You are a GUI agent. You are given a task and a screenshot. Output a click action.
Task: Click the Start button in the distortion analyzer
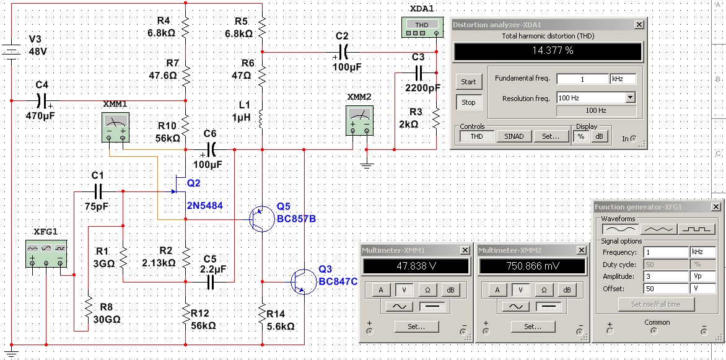[x=468, y=82]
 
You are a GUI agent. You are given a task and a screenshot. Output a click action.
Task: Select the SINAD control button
[x=514, y=136]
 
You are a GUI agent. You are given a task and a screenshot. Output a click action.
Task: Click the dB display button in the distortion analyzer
[x=599, y=136]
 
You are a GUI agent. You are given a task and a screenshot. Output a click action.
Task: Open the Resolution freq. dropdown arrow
[x=630, y=98]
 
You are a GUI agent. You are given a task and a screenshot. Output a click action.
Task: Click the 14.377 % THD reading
[x=548, y=51]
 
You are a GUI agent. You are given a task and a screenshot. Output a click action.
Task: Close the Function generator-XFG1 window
[x=716, y=206]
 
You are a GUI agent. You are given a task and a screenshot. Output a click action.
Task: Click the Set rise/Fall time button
[x=656, y=304]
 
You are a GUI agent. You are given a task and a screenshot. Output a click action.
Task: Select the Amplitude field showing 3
[x=666, y=276]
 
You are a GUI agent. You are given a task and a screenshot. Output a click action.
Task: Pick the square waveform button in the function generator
[x=696, y=229]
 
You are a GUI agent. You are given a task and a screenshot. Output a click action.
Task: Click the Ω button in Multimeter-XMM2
[x=544, y=290]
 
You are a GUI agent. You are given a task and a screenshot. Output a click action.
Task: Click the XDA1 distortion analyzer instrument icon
[x=421, y=27]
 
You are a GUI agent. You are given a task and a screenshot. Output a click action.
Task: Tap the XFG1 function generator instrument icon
[x=46, y=254]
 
